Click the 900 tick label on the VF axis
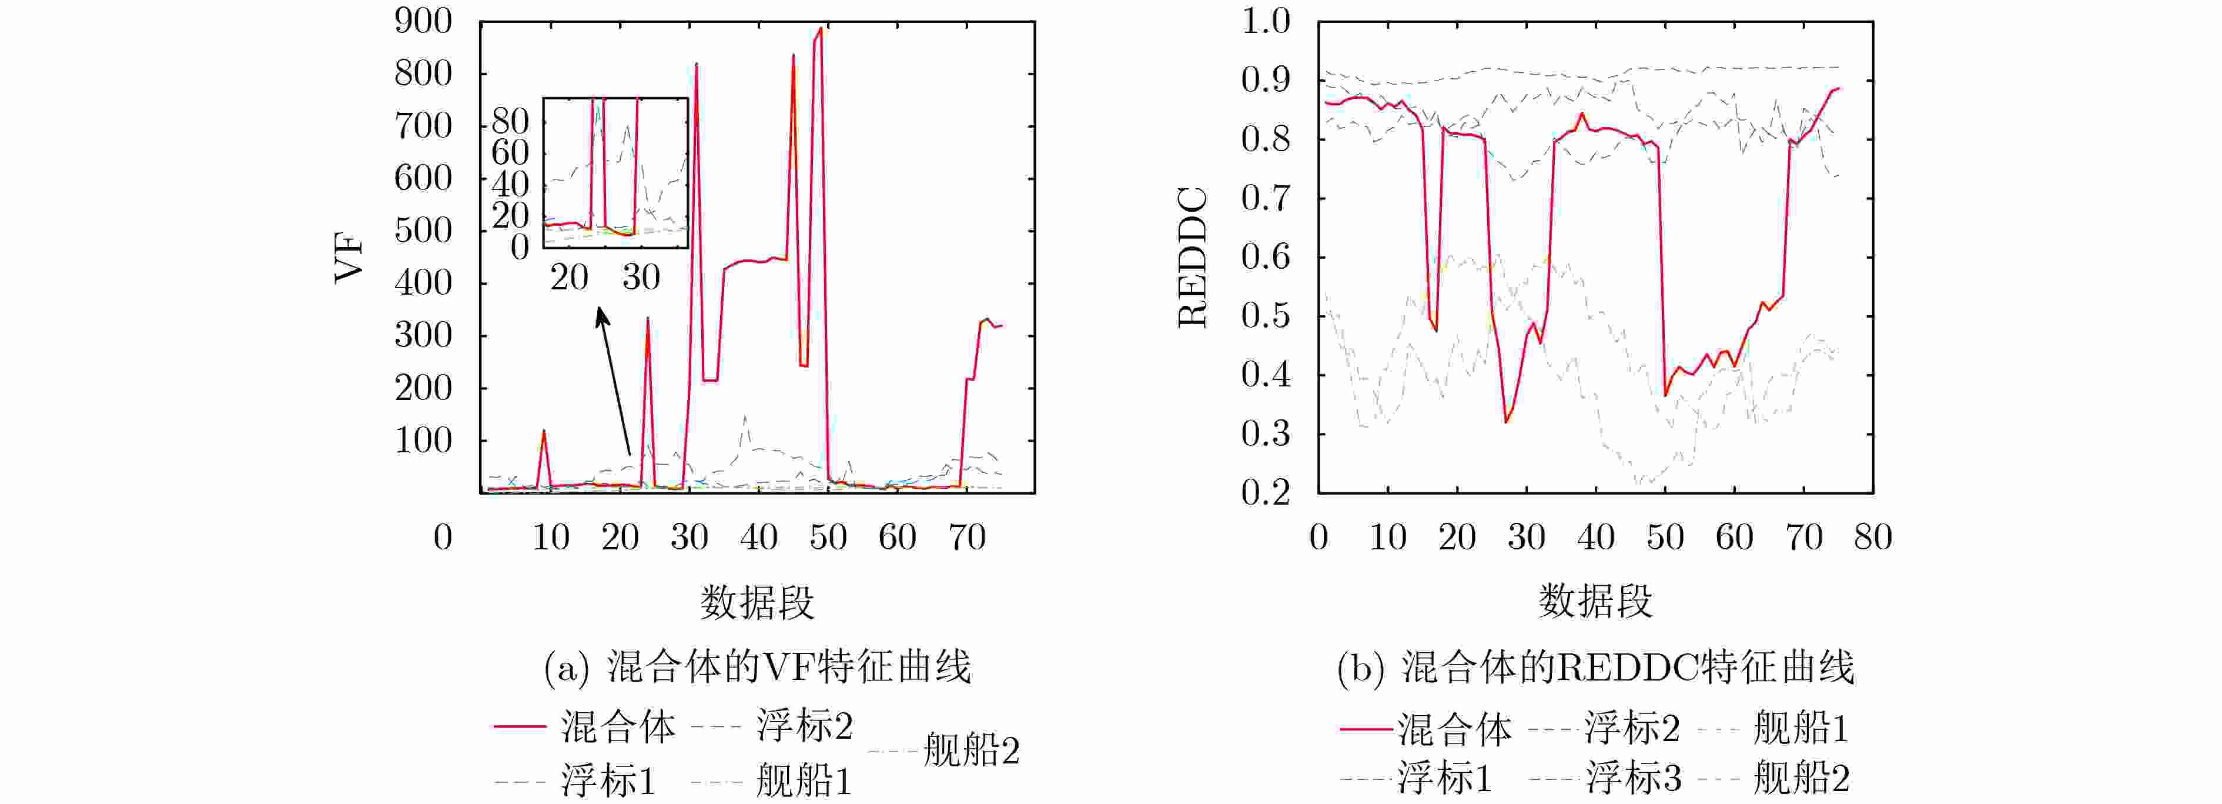pos(423,22)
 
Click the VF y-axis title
pos(349,257)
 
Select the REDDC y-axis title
pos(1193,257)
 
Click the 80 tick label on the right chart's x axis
pos(1873,538)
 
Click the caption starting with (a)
pos(757,667)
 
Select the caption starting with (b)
pos(1595,667)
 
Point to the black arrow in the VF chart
pos(614,379)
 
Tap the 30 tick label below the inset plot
pos(641,277)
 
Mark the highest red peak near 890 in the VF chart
pos(820,28)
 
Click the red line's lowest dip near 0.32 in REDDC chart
pos(1506,421)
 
